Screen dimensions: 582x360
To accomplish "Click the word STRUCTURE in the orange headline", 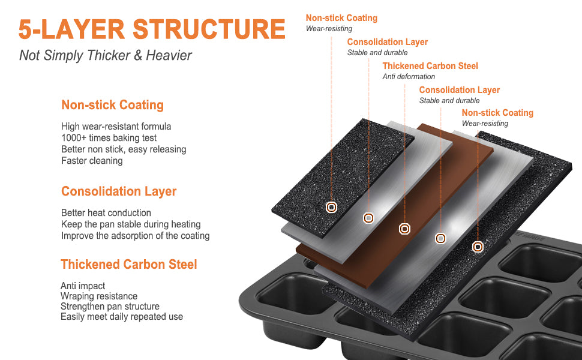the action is click(x=209, y=29).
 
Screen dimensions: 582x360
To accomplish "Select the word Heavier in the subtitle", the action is click(x=169, y=55).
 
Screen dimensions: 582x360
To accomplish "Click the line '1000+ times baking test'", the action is click(x=109, y=137).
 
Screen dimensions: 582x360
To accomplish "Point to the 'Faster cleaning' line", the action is click(x=92, y=161).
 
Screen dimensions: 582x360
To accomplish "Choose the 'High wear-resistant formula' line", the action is click(x=116, y=126).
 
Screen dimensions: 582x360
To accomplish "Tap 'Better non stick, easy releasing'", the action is click(x=124, y=149).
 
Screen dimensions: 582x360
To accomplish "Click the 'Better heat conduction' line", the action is click(x=106, y=212).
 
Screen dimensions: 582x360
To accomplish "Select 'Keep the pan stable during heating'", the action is click(x=131, y=224).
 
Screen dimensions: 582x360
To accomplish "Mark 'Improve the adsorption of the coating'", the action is click(x=135, y=236).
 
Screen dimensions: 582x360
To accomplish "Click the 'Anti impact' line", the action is click(x=83, y=286).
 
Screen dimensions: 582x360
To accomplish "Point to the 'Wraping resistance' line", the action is click(x=99, y=296).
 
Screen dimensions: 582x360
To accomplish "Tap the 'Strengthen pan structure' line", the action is click(x=110, y=306).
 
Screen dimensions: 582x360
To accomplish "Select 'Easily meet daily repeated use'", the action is click(x=122, y=317).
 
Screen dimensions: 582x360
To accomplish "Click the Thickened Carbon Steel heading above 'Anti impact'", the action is click(x=129, y=264).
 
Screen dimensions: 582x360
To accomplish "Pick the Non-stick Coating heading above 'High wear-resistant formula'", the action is click(x=112, y=104).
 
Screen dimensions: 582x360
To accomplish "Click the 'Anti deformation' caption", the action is click(x=409, y=76).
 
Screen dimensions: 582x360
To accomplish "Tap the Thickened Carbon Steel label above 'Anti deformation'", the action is click(x=430, y=65).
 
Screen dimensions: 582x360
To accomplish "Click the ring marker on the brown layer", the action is click(x=404, y=229).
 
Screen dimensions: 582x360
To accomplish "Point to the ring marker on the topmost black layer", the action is click(x=331, y=207).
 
